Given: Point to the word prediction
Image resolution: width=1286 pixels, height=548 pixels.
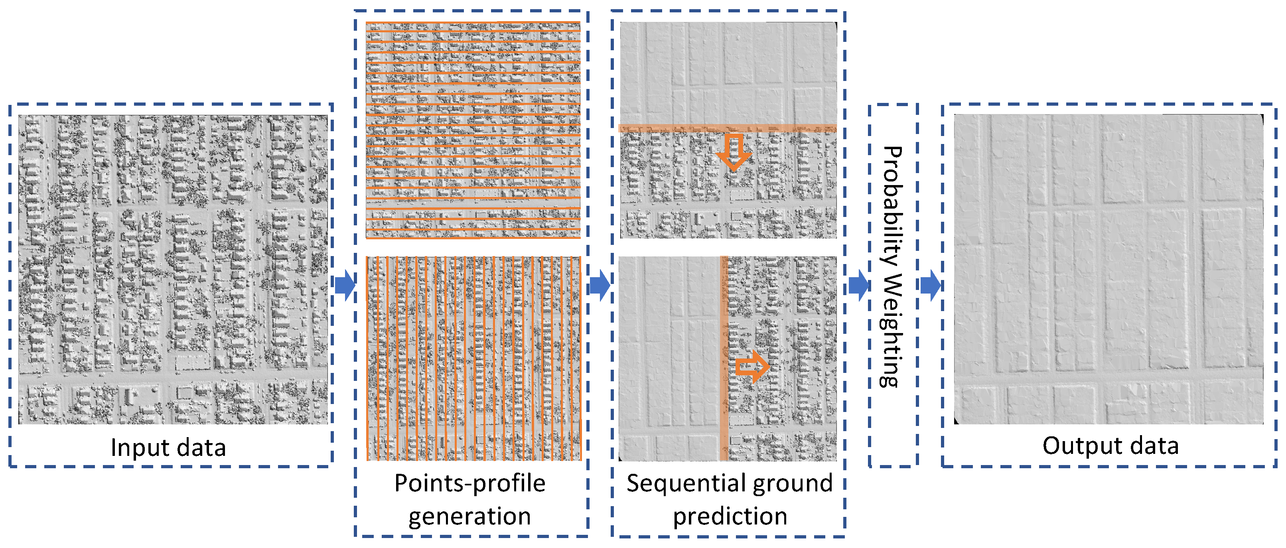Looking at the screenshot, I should click(x=730, y=516).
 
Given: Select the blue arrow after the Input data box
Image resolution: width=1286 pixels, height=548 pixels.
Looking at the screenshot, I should click(x=345, y=285).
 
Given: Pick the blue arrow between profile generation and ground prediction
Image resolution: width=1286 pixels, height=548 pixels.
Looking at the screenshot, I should click(x=599, y=286).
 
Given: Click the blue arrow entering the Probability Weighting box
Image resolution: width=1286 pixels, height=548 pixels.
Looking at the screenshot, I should click(x=858, y=286).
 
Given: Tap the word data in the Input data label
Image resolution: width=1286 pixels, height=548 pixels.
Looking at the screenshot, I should click(x=200, y=447).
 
